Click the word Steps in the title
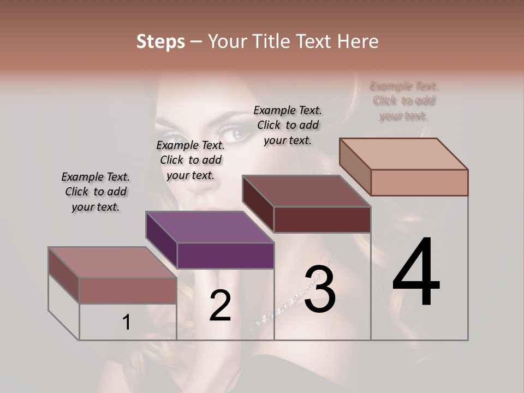coord(160,41)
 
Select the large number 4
coord(416,272)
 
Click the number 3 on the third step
coord(319,289)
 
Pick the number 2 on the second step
coord(220,306)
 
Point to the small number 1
coord(126,323)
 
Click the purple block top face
coord(210,227)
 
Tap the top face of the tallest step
coord(403,153)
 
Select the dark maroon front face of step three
coord(322,219)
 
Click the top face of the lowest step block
coord(112,262)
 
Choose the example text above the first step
coord(96,192)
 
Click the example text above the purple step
coord(190,160)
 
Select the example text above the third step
coord(288,125)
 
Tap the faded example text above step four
coord(404,100)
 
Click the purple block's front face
coord(225,255)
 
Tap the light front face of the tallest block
coord(419,182)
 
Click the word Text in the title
coord(319,41)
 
